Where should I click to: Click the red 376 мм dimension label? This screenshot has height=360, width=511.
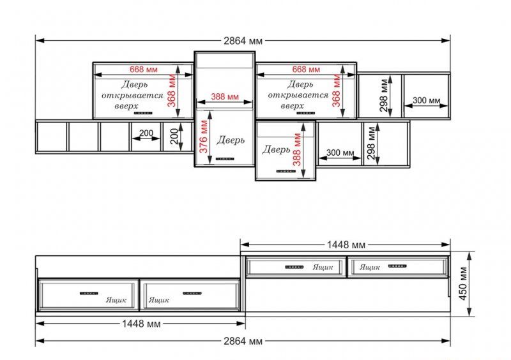pos(204,137)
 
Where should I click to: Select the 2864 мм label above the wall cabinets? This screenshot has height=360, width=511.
pos(243,41)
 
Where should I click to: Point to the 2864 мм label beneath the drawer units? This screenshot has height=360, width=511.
pos(243,341)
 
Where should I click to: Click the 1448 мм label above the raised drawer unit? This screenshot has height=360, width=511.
pos(346,244)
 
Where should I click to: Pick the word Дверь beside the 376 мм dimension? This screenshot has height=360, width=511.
pos(231,140)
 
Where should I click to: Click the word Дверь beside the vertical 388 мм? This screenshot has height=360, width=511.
pos(276,149)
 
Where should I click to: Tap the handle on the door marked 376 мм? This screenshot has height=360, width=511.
pos(225,159)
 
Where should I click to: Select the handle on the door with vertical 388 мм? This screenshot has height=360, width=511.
pos(286,171)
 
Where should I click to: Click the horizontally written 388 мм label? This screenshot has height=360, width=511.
pos(225,97)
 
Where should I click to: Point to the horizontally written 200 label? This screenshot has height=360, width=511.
pos(146,133)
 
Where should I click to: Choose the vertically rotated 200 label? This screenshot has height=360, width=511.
pos(174,136)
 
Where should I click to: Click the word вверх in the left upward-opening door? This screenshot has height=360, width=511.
pos(126,106)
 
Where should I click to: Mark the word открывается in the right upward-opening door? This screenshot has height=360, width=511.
pos(298,95)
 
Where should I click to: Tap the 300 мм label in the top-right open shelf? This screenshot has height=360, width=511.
pos(426,100)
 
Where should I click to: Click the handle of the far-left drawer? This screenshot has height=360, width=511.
pos(89,293)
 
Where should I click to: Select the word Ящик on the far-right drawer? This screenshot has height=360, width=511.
pos(370,267)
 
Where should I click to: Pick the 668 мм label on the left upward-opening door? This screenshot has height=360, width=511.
pos(143,70)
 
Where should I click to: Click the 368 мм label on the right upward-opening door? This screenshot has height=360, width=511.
pos(337,91)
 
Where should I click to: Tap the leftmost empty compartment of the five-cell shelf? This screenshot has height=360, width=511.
pos(52,137)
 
